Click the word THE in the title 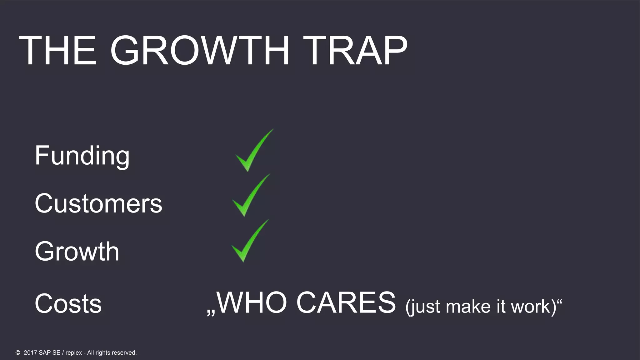(57, 50)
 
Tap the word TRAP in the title (355, 50)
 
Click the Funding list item (82, 155)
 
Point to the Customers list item (98, 203)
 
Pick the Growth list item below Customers (77, 251)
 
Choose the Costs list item (68, 303)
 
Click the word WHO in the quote (252, 302)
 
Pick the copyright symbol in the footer (18, 352)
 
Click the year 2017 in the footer (30, 352)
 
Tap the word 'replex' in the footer (74, 353)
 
